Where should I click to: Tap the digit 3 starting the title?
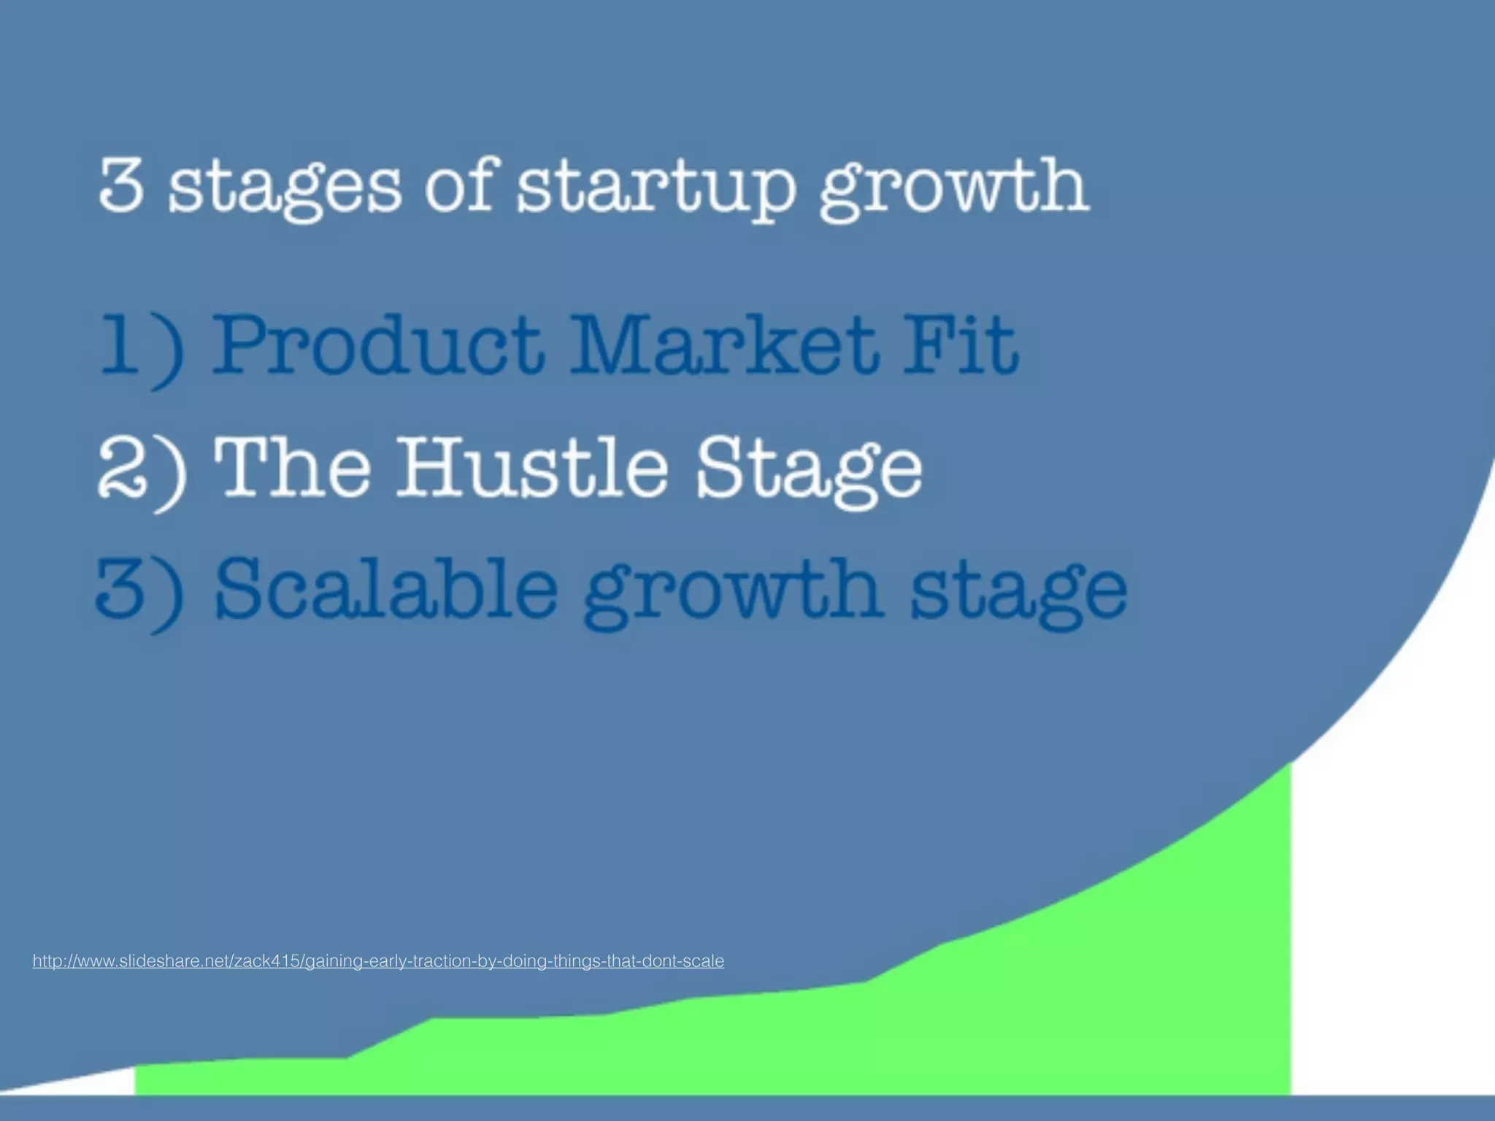120,185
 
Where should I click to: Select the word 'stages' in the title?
285,187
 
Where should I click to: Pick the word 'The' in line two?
292,467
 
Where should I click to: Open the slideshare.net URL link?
378,961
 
